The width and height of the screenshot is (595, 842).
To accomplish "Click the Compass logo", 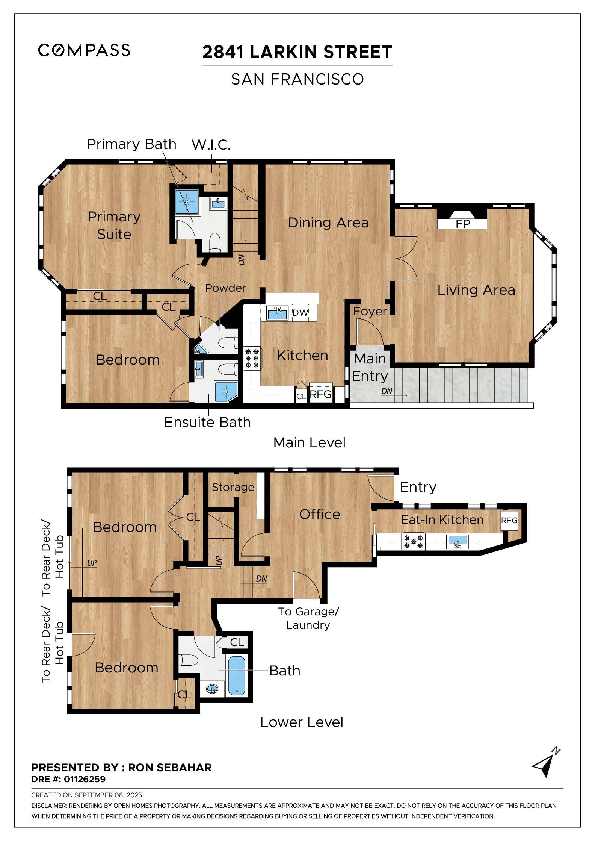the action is tap(84, 50).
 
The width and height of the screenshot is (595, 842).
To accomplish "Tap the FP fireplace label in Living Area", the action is tap(462, 224).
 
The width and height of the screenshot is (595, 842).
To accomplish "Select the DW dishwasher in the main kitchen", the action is tap(300, 313).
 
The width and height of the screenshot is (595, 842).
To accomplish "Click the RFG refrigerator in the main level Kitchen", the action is tap(320, 394).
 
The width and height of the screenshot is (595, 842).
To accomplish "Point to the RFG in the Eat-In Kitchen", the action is tap(509, 520).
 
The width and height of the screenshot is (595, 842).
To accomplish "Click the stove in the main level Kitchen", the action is tap(252, 358).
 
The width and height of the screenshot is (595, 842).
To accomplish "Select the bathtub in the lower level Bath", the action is tap(237, 675).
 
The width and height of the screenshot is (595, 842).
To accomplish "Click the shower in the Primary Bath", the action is tap(187, 202).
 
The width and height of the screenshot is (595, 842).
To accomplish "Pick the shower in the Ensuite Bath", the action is tap(226, 392).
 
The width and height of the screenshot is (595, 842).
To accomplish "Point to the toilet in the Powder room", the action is tap(228, 343).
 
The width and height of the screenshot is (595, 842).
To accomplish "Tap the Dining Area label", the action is tap(328, 223).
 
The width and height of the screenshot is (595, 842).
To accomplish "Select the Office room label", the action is tap(320, 514).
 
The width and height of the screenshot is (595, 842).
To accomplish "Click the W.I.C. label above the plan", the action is tap(211, 145).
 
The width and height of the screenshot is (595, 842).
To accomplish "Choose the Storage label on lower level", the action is tap(233, 487).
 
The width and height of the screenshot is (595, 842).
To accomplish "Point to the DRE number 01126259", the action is tap(85, 779).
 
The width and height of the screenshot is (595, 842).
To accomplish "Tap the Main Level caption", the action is tap(309, 442).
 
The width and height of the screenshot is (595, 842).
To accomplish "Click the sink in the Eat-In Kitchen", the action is tap(457, 542).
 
